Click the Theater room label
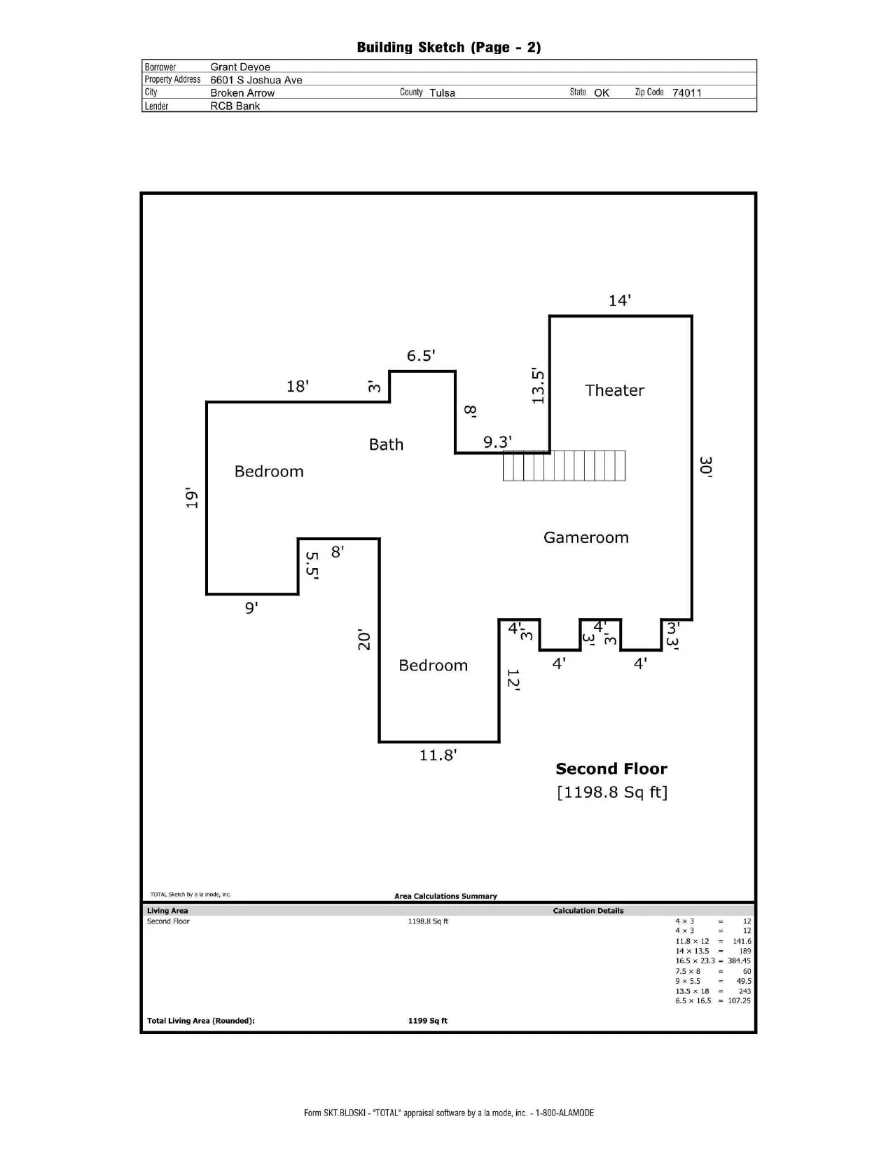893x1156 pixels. tap(614, 390)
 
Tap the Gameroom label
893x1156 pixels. tap(586, 537)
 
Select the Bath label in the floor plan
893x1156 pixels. tap(386, 444)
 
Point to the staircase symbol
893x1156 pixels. tap(564, 465)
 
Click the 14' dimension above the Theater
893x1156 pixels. tap(620, 301)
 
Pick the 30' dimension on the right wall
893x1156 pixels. tap(705, 467)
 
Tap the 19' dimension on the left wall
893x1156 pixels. tap(191, 497)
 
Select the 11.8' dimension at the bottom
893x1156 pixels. tap(438, 755)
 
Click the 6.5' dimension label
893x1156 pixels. tap(421, 355)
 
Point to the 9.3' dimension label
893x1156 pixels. tap(497, 441)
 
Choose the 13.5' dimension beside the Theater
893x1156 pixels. tap(538, 386)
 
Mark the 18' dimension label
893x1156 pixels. tap(297, 386)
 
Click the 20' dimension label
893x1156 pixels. tap(364, 640)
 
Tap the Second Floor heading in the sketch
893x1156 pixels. tap(611, 769)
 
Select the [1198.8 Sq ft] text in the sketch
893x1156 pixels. tap(611, 792)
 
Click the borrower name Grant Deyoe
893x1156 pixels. tap(240, 67)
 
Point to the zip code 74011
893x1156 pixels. tap(686, 92)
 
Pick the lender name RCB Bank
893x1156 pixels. tap(235, 106)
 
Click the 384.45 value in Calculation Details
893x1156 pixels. tap(739, 961)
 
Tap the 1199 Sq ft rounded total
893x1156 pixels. tap(428, 1020)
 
